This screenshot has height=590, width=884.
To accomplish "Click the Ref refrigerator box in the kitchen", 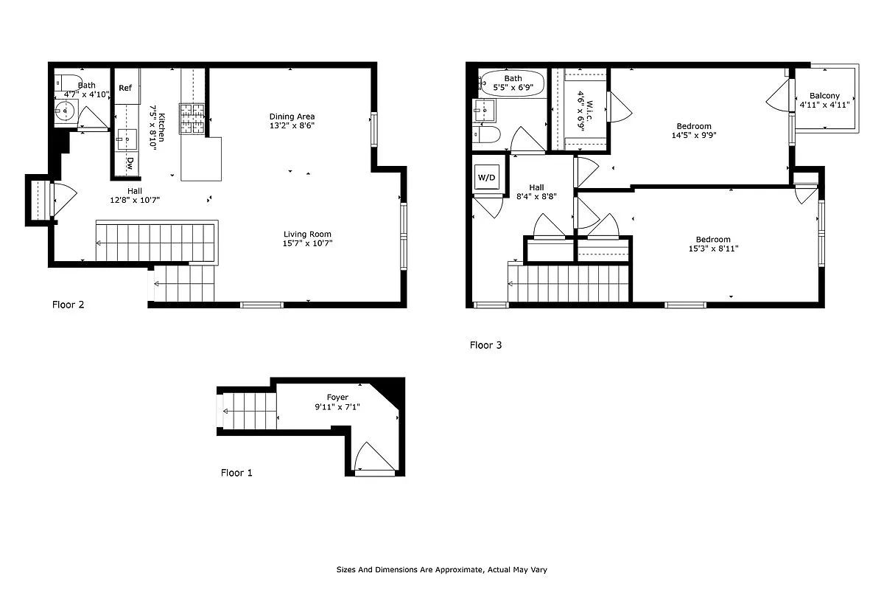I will [125, 88].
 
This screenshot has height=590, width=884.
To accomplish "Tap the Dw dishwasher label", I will [130, 162].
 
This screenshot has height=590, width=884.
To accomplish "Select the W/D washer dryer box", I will [487, 177].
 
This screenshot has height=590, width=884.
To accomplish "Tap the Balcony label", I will [824, 96].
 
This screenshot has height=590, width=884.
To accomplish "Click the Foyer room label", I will [337, 398].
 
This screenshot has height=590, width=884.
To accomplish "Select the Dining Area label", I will [292, 117].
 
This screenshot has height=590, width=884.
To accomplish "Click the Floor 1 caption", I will [236, 473].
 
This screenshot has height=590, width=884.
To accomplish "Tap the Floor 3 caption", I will [485, 344].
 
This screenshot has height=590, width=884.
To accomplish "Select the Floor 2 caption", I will [68, 305].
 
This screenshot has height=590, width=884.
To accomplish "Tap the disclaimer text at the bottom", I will [441, 569].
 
